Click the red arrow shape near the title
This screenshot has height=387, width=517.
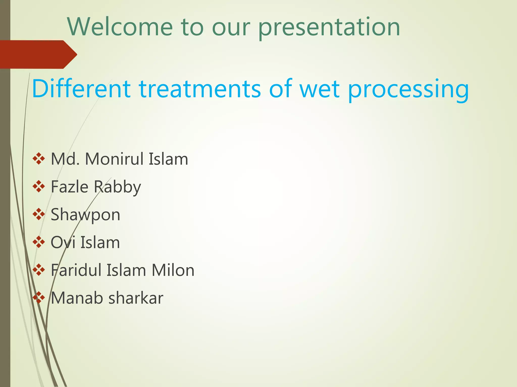tap(38, 54)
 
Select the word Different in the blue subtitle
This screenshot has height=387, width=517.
tap(81, 89)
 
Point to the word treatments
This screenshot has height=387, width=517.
tap(199, 89)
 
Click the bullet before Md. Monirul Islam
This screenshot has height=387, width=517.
tap(39, 159)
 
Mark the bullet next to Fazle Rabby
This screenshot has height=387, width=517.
tap(39, 187)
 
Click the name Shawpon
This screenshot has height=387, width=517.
tap(85, 215)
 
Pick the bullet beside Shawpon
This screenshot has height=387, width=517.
tap(39, 214)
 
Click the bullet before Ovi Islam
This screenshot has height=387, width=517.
tap(39, 242)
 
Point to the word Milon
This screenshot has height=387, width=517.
tap(173, 270)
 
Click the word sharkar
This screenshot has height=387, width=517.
tap(136, 298)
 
